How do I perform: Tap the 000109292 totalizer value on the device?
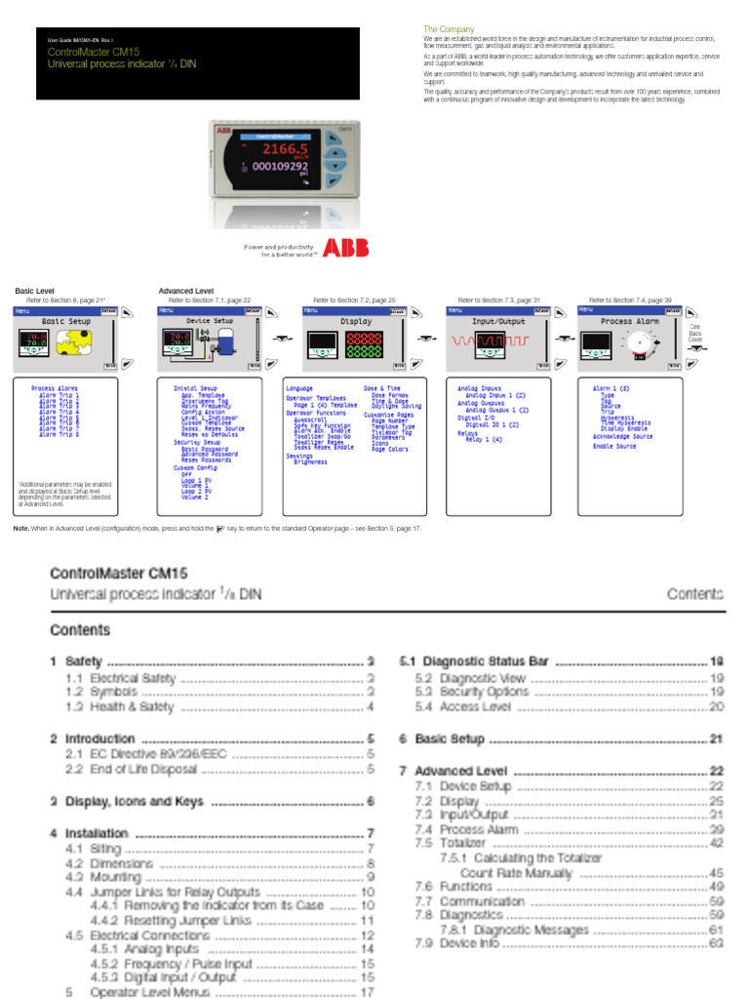(x=281, y=167)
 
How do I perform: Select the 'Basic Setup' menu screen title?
(x=66, y=321)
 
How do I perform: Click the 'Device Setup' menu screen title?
(x=210, y=321)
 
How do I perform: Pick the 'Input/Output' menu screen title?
(x=498, y=321)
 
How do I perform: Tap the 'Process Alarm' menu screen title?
(x=630, y=321)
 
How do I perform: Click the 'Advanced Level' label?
(x=186, y=291)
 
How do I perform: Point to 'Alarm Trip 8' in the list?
(x=59, y=435)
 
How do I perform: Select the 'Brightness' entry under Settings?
(x=311, y=461)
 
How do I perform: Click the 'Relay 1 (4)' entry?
(x=486, y=440)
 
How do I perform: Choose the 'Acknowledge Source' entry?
(x=623, y=436)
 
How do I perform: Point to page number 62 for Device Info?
(x=716, y=944)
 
